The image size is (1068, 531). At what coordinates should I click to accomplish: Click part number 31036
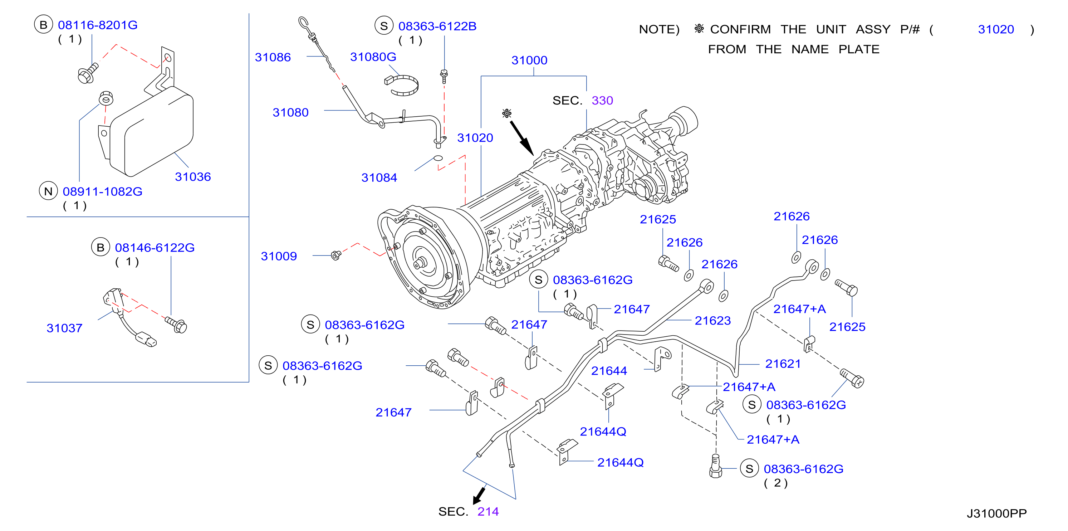click(x=193, y=177)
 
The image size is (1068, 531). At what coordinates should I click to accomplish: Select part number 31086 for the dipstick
click(x=273, y=57)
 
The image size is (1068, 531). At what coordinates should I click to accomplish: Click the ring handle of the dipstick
click(x=303, y=22)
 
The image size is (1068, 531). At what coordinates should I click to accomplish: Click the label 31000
click(x=529, y=60)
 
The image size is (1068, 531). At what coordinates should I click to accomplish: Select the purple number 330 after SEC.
click(x=602, y=101)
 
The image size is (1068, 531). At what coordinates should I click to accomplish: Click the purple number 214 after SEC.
click(x=488, y=512)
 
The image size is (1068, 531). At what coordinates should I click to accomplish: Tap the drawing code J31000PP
click(x=997, y=513)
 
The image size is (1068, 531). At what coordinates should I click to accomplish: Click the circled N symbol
click(x=48, y=191)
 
